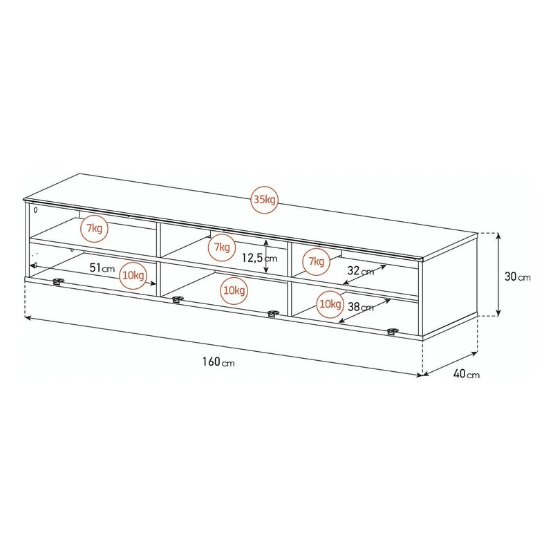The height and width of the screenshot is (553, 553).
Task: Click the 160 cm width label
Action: click(218, 362)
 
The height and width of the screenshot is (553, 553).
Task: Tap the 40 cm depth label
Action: click(466, 374)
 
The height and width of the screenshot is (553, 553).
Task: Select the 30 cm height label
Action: click(517, 276)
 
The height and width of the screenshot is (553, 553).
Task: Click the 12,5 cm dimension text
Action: click(259, 258)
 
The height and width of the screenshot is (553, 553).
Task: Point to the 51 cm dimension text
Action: click(102, 268)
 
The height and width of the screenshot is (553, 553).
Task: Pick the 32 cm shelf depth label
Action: click(360, 271)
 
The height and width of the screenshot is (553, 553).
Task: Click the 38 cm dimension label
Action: click(360, 307)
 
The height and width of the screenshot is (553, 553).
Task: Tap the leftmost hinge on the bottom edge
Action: click(58, 281)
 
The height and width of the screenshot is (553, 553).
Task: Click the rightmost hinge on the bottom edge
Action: click(393, 331)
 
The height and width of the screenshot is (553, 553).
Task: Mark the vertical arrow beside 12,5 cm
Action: click(266, 256)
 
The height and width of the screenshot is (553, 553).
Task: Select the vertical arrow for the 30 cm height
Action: click(498, 274)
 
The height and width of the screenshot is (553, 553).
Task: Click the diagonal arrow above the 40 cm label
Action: click(450, 364)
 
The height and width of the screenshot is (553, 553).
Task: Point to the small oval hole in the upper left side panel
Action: click(35, 210)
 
